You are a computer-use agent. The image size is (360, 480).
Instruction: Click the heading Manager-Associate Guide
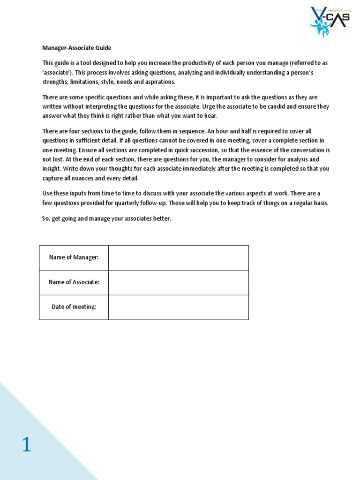tap(77, 48)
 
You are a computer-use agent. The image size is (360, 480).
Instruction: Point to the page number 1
tap(26, 444)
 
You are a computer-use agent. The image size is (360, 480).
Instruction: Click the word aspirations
tap(158, 82)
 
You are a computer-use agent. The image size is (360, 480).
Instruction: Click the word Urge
tap(212, 106)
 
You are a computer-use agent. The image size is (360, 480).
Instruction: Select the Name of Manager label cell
tap(74, 258)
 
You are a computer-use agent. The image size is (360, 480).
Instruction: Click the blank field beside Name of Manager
tap(178, 258)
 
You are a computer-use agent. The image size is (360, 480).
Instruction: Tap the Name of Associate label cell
tap(74, 282)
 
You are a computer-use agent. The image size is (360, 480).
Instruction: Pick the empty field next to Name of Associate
tap(178, 282)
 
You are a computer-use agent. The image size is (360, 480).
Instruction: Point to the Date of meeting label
tap(74, 307)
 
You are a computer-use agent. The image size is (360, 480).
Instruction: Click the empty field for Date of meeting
tap(178, 307)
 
